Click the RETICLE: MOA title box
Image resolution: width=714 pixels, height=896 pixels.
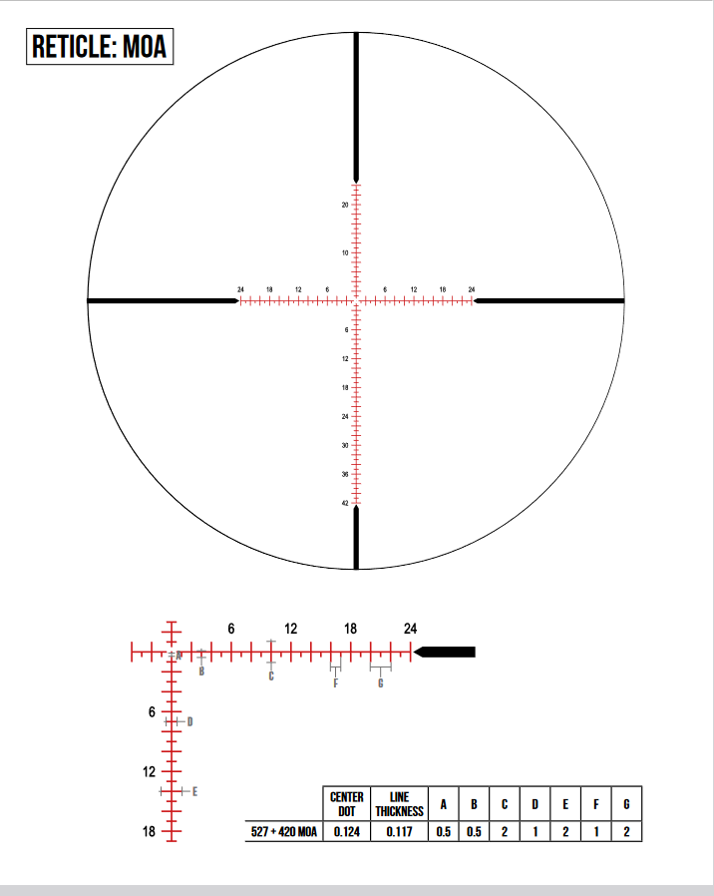[100, 46]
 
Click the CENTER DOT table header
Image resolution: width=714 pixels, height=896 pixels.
[346, 804]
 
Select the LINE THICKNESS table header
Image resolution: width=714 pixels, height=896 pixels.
[399, 804]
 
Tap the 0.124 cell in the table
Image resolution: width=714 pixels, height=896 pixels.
[346, 831]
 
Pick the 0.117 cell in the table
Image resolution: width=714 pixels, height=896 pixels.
[399, 831]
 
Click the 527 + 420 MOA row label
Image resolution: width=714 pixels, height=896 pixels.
[283, 831]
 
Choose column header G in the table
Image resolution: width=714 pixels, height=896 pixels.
[626, 804]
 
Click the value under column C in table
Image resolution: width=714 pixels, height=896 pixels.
[505, 831]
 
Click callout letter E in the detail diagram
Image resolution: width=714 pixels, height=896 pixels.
[194, 791]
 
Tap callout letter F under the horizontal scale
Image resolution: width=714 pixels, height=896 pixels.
[335, 683]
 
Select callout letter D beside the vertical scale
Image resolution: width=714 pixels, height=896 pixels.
[189, 721]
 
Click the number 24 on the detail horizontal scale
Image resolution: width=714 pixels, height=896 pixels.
[410, 629]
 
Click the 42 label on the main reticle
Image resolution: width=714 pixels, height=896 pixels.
[345, 504]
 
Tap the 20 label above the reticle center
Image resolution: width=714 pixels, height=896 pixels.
[345, 205]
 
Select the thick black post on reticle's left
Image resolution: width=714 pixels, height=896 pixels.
[160, 300]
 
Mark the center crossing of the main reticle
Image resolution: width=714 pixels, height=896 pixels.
[356, 300]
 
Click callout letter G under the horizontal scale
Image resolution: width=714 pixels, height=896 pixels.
[380, 683]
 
